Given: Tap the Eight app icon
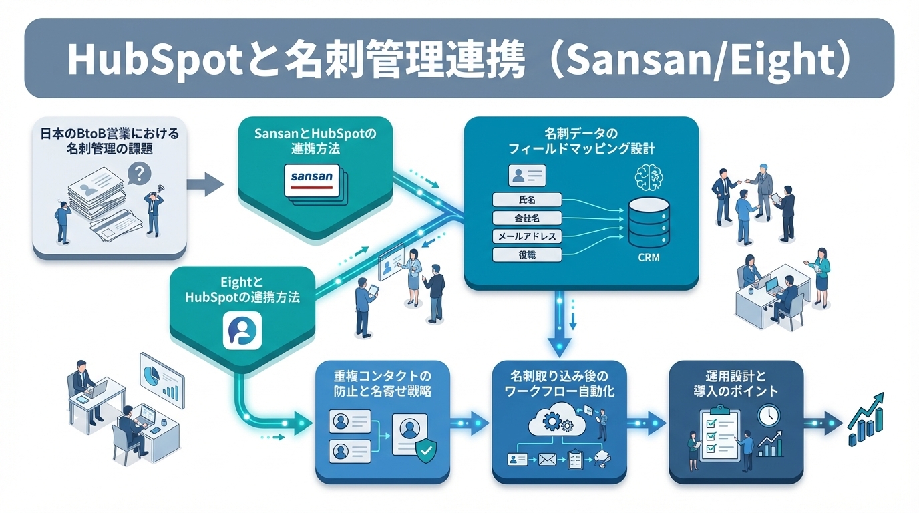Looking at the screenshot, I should point(242,329).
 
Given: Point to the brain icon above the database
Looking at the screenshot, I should point(648,176).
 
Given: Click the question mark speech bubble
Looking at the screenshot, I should point(139,175).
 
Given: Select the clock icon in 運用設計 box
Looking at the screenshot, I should point(769,415).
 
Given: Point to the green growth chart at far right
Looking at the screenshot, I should point(866,420).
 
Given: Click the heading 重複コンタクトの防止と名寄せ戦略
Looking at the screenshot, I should point(382,383).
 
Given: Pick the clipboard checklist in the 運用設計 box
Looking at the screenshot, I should point(717,434).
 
